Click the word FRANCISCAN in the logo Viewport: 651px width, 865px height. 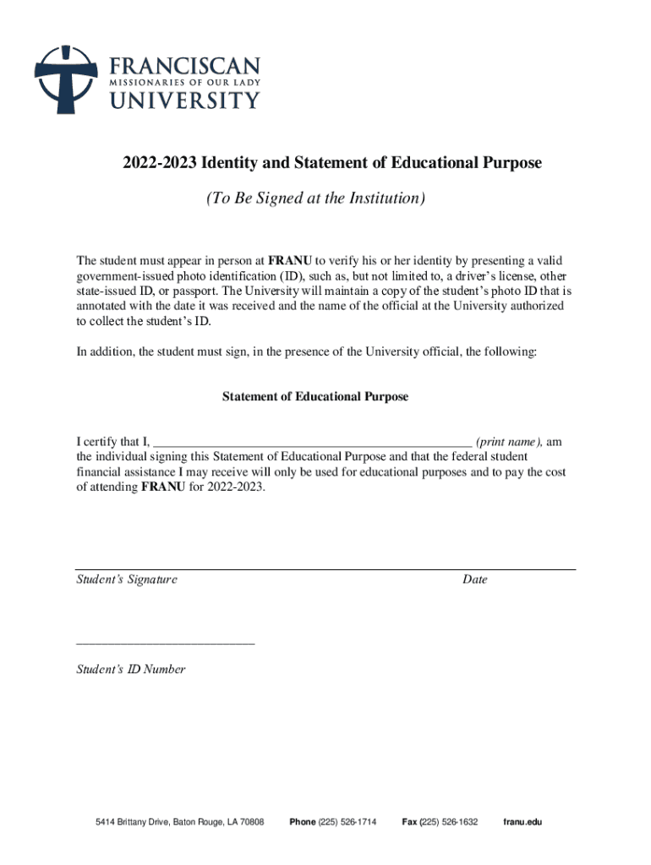[x=183, y=66]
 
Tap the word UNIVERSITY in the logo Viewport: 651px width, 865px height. [x=183, y=101]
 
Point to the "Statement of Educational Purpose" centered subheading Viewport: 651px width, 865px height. [x=315, y=396]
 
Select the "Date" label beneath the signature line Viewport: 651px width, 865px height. [x=475, y=579]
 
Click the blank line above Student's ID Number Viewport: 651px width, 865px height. [x=165, y=644]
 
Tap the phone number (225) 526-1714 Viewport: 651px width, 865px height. [x=347, y=822]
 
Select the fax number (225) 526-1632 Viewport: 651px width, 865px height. [x=449, y=822]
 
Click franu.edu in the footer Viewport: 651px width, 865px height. [x=522, y=822]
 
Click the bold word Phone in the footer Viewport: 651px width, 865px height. [x=303, y=822]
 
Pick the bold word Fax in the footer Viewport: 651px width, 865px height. [x=409, y=822]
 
